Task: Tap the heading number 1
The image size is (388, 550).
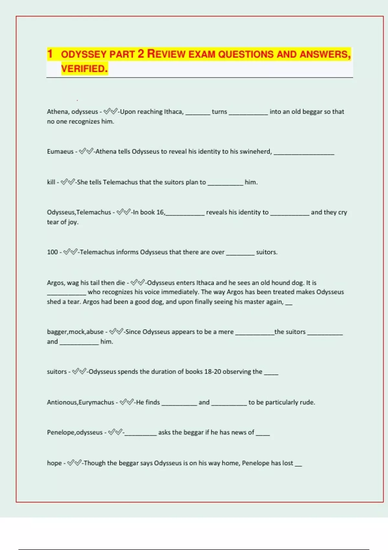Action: [x=50, y=54]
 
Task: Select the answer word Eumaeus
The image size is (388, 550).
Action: [x=60, y=151]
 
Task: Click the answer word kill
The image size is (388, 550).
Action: [x=51, y=182]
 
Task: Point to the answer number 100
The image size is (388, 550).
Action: [x=52, y=252]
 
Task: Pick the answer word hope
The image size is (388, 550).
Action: [x=54, y=463]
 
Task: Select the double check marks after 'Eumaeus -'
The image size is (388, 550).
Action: [x=86, y=151]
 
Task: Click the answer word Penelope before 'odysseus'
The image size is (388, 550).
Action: [x=61, y=432]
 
